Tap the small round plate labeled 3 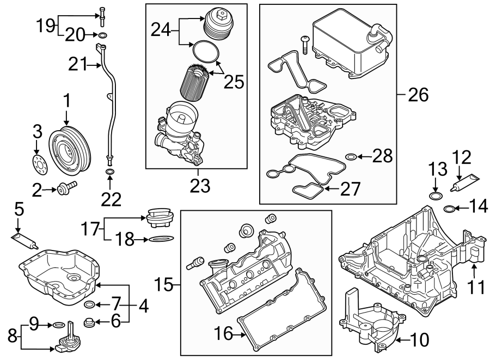(38, 164)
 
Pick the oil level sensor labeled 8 (66, 338)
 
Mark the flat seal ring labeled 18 (161, 239)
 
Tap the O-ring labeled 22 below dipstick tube (110, 173)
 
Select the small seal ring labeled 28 (351, 157)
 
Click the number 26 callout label (418, 94)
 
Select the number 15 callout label (165, 284)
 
